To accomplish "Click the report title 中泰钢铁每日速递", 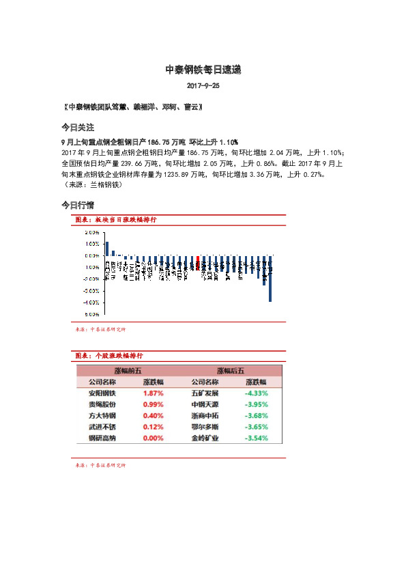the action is click(x=203, y=70).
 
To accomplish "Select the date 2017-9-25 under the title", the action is click(x=203, y=87).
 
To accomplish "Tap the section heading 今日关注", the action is click(x=78, y=128).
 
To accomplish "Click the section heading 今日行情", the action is click(x=78, y=205).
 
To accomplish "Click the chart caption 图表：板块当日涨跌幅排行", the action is click(x=115, y=220).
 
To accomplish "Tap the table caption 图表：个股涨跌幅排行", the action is click(x=108, y=356).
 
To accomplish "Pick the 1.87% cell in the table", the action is click(x=153, y=393).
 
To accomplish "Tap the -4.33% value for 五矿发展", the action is click(x=256, y=393).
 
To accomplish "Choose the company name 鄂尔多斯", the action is click(x=205, y=426).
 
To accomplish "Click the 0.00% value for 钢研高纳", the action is click(x=153, y=438).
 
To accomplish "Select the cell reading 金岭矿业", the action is click(x=205, y=438).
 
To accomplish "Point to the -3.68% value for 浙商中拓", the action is click(x=256, y=415).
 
